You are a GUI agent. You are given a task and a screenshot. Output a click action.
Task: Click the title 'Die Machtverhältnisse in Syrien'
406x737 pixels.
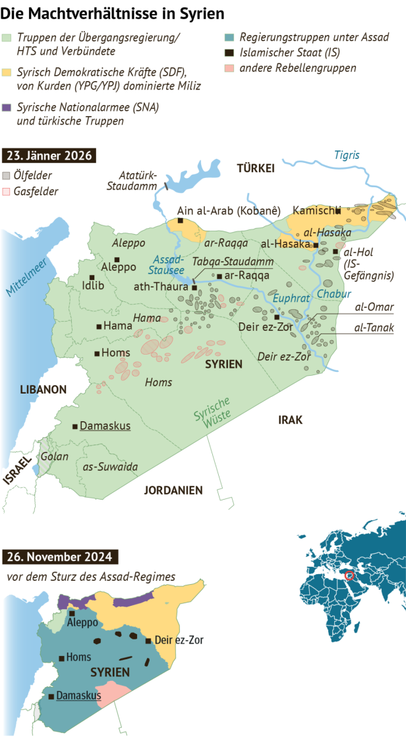pyautogui.click(x=112, y=13)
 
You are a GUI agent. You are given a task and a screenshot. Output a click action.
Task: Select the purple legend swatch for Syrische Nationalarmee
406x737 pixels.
pyautogui.click(x=7, y=107)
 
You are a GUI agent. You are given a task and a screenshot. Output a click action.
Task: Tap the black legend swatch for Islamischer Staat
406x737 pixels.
pyautogui.click(x=227, y=53)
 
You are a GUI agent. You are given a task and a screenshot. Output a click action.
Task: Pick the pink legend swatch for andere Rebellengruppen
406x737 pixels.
pyautogui.click(x=227, y=68)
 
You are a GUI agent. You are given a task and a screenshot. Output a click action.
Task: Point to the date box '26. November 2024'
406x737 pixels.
pyautogui.click(x=53, y=557)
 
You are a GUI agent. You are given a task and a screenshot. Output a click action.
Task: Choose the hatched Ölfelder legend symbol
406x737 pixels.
pyautogui.click(x=7, y=176)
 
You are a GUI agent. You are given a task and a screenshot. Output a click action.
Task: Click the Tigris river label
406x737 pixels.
pyautogui.click(x=347, y=156)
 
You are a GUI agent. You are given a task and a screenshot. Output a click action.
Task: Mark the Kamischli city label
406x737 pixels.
pyautogui.click(x=313, y=211)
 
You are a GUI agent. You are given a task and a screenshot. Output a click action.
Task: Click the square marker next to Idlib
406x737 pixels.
pyautogui.click(x=92, y=277)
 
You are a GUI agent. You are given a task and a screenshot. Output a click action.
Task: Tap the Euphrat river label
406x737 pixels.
pyautogui.click(x=291, y=299)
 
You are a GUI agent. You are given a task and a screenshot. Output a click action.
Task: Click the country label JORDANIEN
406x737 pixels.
pyautogui.click(x=173, y=490)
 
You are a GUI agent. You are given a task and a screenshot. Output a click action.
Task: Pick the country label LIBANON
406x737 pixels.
pyautogui.click(x=43, y=390)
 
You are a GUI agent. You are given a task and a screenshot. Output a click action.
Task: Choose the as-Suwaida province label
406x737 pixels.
pyautogui.click(x=110, y=467)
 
